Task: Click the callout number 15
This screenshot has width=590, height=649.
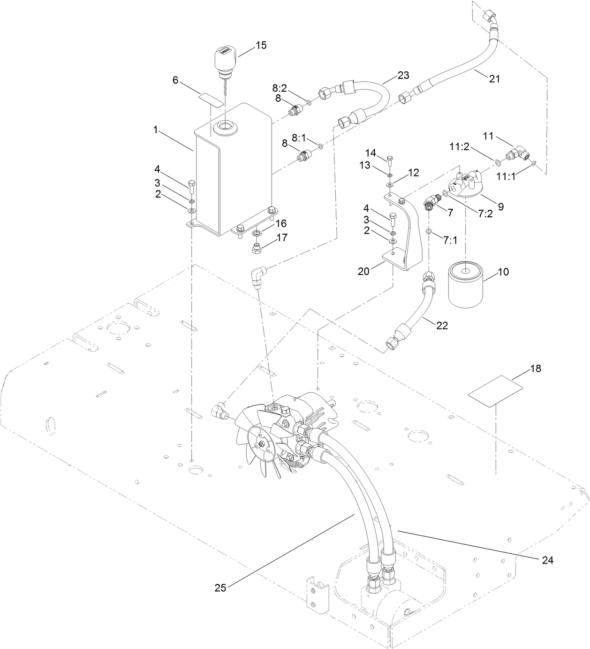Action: coord(261,45)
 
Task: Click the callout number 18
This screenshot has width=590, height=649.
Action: coord(535,368)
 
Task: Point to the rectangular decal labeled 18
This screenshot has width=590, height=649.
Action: coord(496,391)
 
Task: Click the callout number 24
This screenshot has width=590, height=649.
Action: coord(547,560)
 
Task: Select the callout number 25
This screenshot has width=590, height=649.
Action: coord(221,588)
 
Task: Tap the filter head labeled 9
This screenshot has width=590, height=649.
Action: coord(465,185)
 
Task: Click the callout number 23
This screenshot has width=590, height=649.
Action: coord(403,75)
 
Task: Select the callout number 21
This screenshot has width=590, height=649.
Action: coord(494,79)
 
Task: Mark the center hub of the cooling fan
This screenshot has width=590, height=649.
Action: coord(259,444)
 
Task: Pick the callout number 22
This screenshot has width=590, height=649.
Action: coord(442,325)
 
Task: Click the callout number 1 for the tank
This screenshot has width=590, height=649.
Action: coord(155,130)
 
